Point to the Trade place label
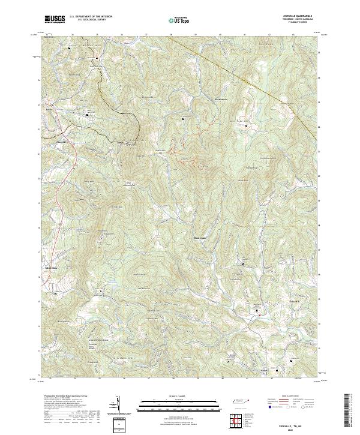click(x=50, y=110)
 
